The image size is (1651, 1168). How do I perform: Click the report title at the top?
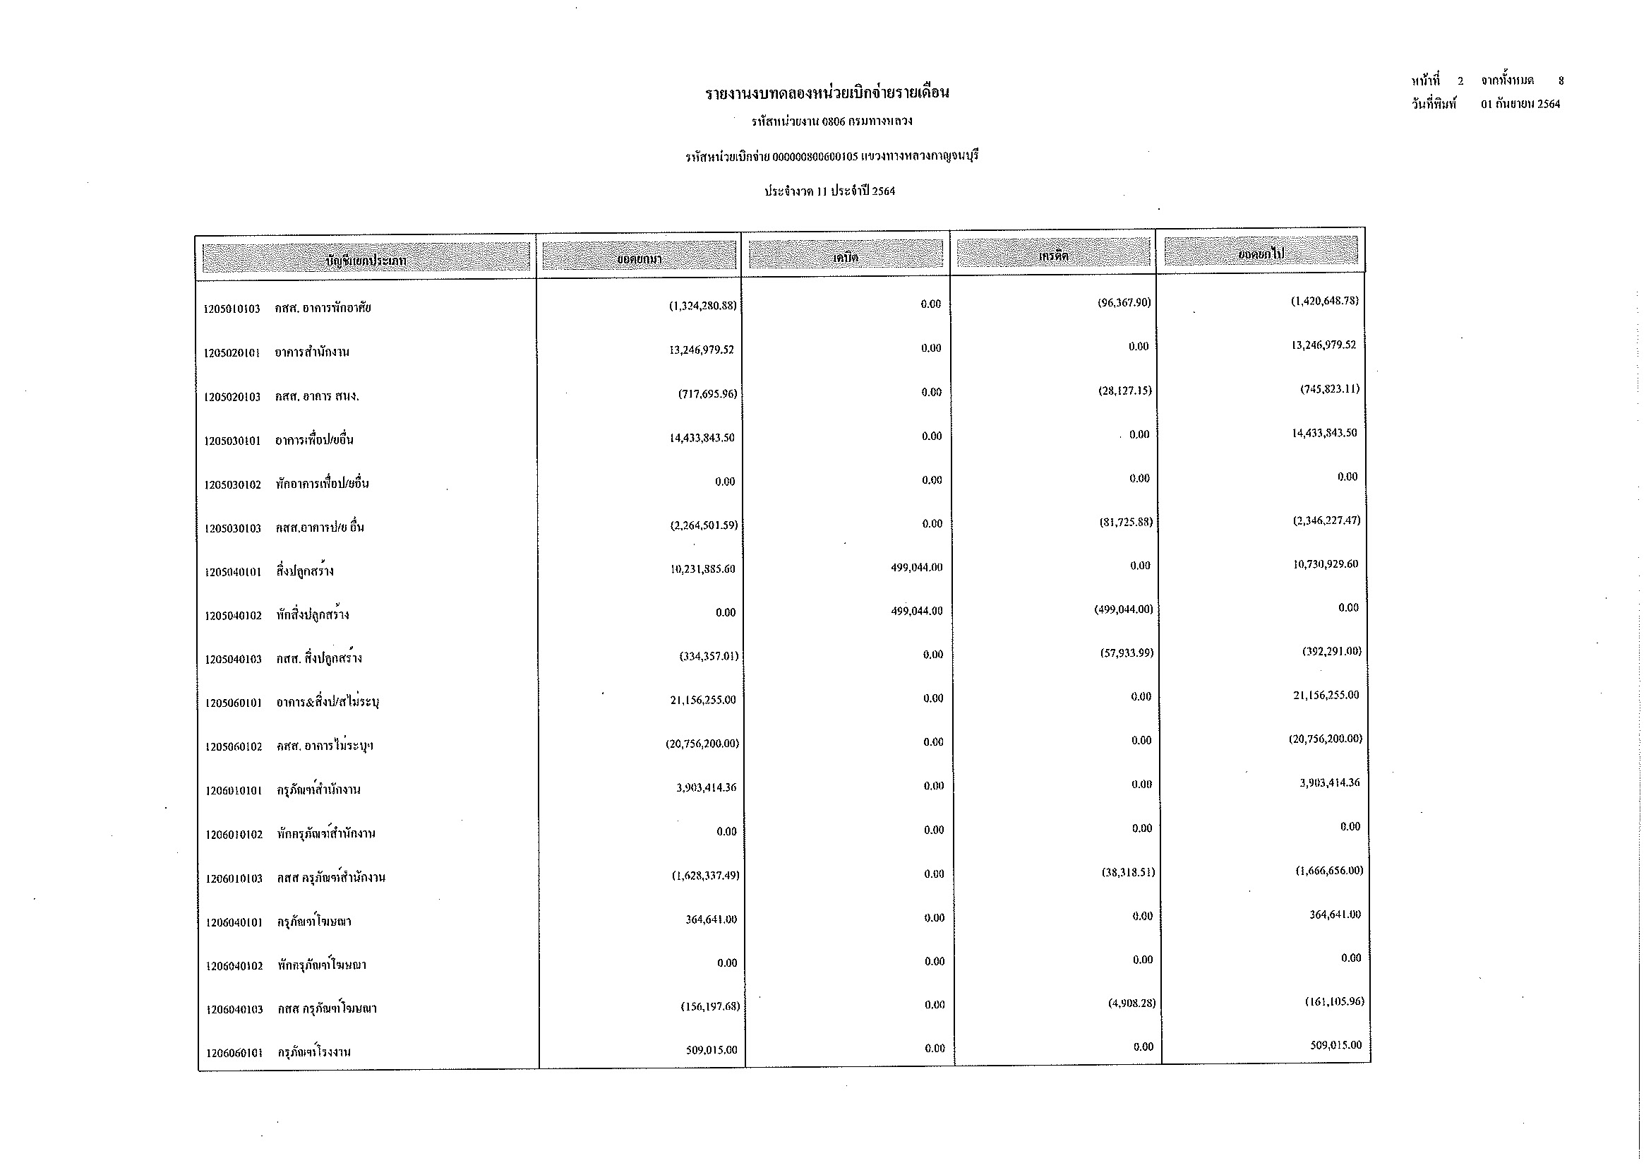coord(827,93)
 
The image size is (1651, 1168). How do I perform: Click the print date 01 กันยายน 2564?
coord(1520,105)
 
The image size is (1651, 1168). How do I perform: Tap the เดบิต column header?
coord(846,256)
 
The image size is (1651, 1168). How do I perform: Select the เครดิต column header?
coord(1052,255)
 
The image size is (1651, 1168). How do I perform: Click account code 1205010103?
coord(232,309)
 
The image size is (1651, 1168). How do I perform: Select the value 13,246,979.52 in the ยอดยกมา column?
coord(701,350)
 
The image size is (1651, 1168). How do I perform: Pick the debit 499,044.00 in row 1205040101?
coord(916,568)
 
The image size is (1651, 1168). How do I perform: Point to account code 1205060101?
coord(233,703)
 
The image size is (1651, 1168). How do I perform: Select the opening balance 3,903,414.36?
coord(706,787)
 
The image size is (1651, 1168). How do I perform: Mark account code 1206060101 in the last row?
coord(234,1053)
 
